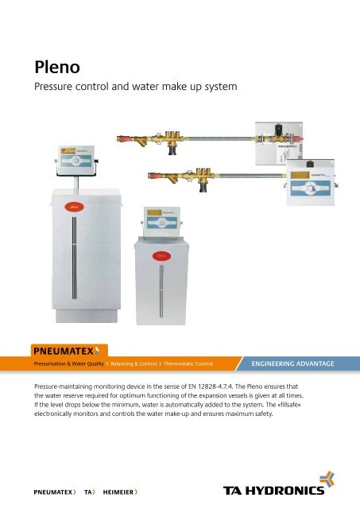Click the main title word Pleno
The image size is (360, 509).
(50, 63)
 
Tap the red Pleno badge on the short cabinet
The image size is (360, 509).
(161, 255)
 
